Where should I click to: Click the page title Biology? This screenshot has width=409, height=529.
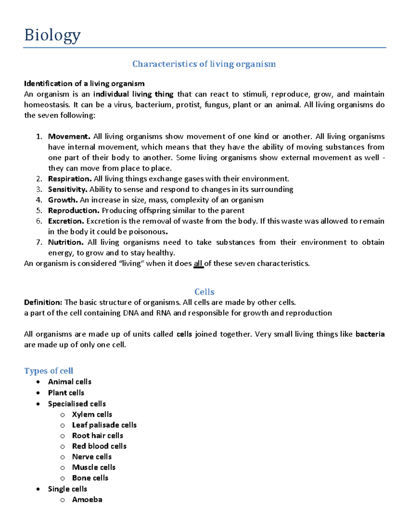tap(52, 35)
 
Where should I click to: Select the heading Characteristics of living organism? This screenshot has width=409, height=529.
tap(204, 64)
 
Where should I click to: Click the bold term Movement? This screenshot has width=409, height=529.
tap(69, 137)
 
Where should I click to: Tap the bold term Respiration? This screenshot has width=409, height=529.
tap(70, 179)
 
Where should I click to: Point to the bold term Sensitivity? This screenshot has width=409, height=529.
tap(68, 189)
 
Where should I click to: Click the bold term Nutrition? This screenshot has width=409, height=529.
tap(66, 242)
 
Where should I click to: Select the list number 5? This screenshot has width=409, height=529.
tap(39, 211)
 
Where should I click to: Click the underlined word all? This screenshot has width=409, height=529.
tap(198, 264)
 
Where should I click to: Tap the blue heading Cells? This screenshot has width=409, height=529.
tap(204, 292)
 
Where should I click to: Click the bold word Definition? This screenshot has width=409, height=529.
tap(43, 302)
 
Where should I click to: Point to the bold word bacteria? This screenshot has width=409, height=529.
tap(370, 334)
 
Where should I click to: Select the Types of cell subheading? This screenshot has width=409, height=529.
tap(49, 371)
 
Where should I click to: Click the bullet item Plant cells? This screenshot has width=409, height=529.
tap(66, 393)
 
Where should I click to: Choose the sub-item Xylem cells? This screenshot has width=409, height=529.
tap(92, 415)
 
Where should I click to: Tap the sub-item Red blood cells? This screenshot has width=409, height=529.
tap(99, 446)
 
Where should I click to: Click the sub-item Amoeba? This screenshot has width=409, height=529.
tap(87, 500)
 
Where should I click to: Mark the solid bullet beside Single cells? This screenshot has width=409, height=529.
tap(38, 489)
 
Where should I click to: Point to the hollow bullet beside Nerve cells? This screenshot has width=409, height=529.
tap(62, 457)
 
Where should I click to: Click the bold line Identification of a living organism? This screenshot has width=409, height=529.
tap(84, 84)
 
